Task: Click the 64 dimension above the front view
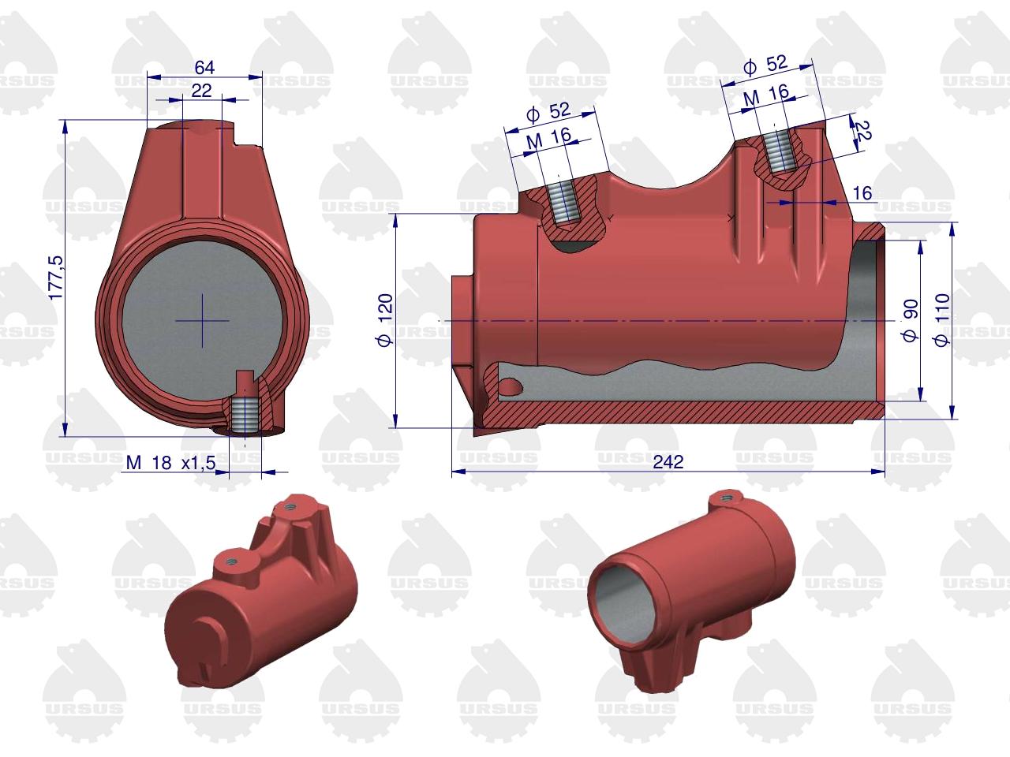[x=204, y=67]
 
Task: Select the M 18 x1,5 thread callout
[x=170, y=464]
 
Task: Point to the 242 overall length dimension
[x=668, y=462]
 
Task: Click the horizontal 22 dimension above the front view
[x=202, y=91]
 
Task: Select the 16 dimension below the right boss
[x=862, y=192]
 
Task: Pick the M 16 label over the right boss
[x=766, y=94]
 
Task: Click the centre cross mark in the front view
[x=202, y=320]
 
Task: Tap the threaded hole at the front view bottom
[x=247, y=414]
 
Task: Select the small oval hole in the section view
[x=511, y=386]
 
